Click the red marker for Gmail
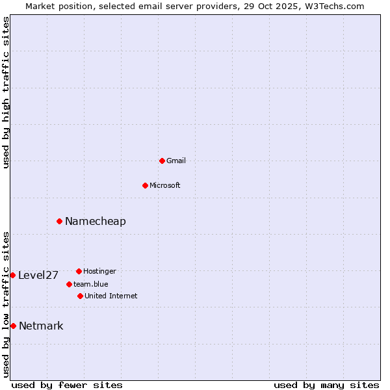162,161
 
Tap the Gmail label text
176,161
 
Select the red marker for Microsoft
145,185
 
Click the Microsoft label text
165,185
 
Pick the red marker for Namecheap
59,221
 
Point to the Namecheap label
96,222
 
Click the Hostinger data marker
79,271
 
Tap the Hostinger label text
99,271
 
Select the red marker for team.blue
69,284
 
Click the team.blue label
91,284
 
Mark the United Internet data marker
80,296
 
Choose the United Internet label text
111,296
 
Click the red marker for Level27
12,275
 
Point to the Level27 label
38,276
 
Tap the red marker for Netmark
13,326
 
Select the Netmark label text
41,326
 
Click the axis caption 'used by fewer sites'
67,385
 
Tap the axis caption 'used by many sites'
326,385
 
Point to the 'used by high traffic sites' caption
6,92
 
